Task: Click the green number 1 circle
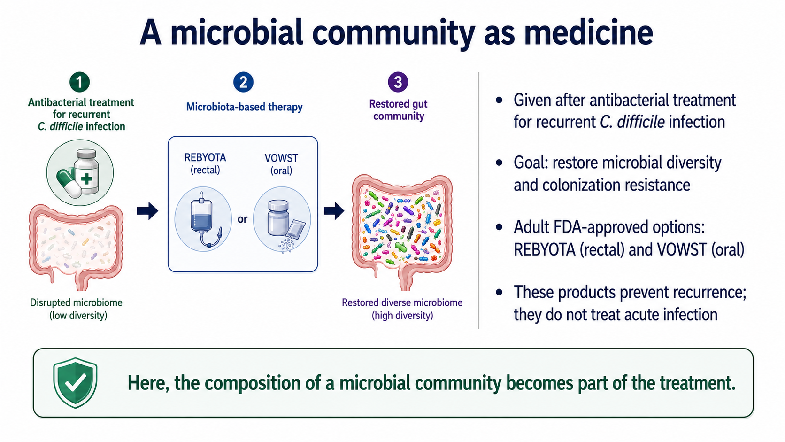tap(79, 82)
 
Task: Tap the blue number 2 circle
tap(243, 82)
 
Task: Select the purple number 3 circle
tap(398, 82)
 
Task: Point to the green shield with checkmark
tap(75, 383)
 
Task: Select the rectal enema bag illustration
tap(204, 219)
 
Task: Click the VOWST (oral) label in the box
tap(281, 164)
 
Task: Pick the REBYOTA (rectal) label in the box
tap(205, 163)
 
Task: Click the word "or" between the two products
tap(243, 219)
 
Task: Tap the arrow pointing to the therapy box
tap(147, 210)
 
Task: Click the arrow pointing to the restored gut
tap(334, 210)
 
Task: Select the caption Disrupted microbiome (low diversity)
tap(77, 309)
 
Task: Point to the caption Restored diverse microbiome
tap(402, 302)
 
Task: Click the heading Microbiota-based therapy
tap(244, 107)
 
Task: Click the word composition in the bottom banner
tap(254, 383)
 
